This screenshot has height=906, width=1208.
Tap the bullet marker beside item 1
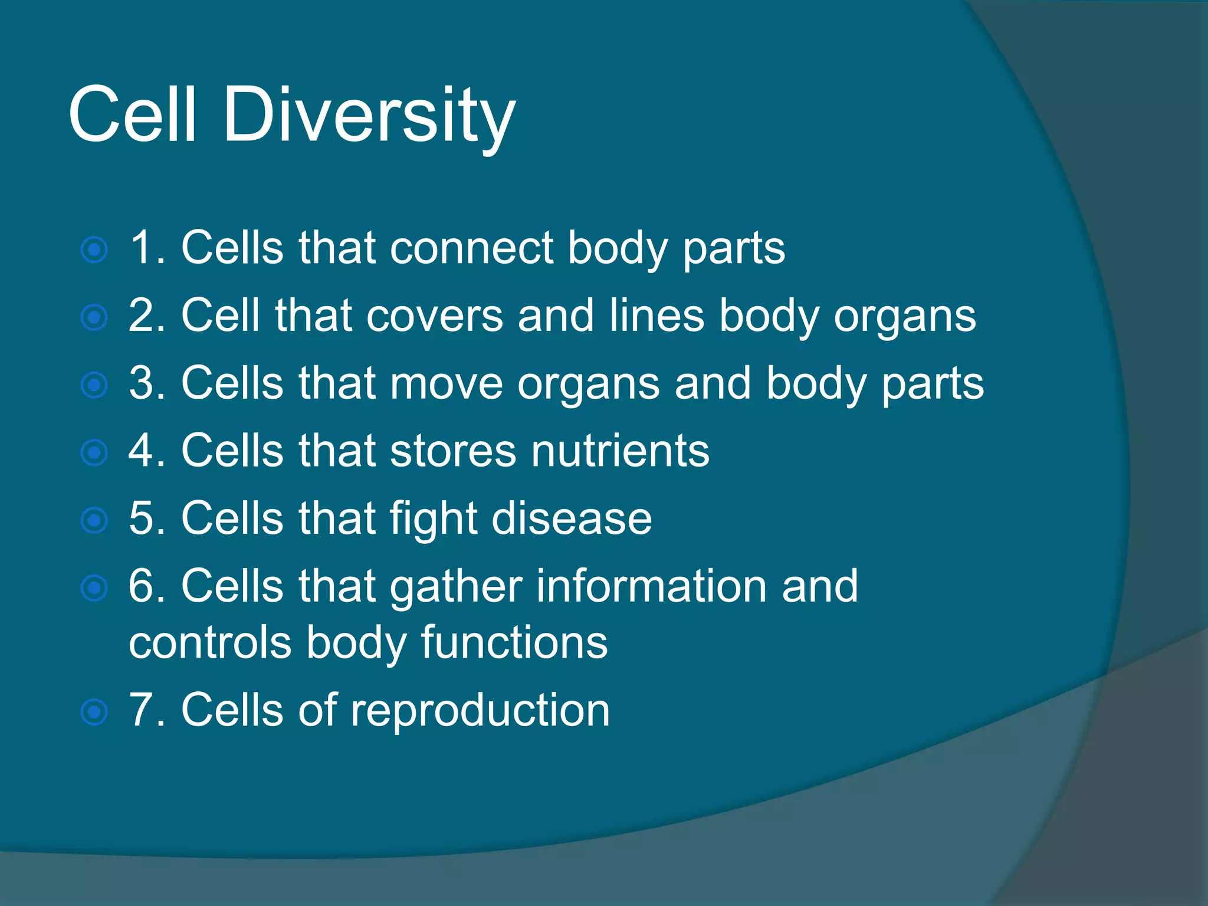click(x=94, y=250)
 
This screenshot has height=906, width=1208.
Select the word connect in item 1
click(x=471, y=248)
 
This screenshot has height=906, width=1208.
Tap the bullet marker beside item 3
click(x=94, y=385)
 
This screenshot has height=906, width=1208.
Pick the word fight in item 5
click(x=433, y=519)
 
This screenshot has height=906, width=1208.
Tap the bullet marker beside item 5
click(x=94, y=520)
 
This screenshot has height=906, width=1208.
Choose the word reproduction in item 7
click(x=480, y=711)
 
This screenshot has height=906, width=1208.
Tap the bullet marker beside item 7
click(x=94, y=712)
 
